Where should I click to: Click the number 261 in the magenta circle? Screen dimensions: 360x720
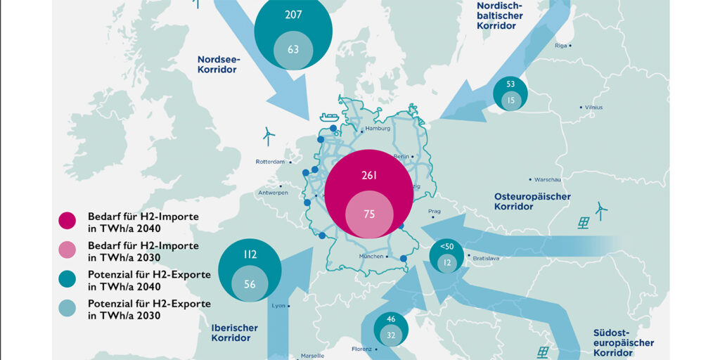(x=369, y=175)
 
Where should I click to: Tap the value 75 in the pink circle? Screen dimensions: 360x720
(x=369, y=214)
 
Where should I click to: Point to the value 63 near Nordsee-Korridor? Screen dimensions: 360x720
(x=293, y=49)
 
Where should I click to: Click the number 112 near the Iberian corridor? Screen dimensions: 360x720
(x=250, y=255)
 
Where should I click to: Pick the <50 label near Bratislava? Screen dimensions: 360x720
(x=447, y=245)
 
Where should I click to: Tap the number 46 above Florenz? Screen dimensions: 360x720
(x=391, y=319)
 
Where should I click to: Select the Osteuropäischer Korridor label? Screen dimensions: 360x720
(x=532, y=202)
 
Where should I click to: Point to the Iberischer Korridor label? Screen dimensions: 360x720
(x=234, y=333)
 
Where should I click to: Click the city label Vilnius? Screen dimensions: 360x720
(x=593, y=107)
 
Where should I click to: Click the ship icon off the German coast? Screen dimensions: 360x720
(x=328, y=117)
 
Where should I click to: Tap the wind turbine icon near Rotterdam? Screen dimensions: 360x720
(x=267, y=133)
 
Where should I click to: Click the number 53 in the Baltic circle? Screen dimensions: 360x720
(x=510, y=84)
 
